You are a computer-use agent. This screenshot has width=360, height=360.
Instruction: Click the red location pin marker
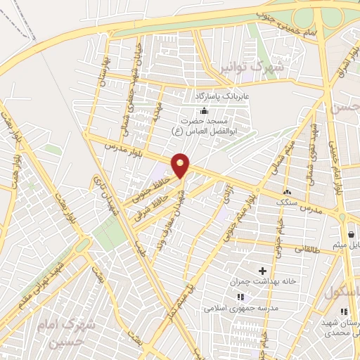[x=181, y=165]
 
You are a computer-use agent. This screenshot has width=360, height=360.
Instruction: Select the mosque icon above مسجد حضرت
[x=205, y=110]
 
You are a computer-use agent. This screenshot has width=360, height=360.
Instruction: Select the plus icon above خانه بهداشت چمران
[x=263, y=271]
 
